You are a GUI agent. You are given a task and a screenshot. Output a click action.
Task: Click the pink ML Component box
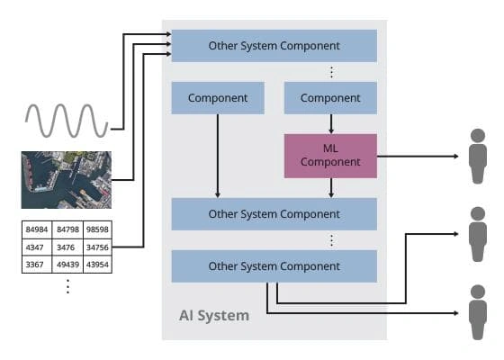click(330, 155)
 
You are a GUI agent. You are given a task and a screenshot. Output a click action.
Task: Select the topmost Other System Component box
click(274, 45)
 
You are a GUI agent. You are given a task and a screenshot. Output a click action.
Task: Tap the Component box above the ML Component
click(330, 97)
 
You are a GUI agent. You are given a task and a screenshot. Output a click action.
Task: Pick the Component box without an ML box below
click(217, 97)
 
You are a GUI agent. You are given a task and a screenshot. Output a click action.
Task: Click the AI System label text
click(213, 316)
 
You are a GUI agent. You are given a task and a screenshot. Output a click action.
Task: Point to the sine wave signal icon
click(67, 118)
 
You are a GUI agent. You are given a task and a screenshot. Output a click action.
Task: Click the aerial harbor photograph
click(66, 180)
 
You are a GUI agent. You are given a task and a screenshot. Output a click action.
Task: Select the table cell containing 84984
click(37, 229)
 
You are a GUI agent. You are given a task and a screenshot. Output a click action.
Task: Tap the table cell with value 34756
click(96, 247)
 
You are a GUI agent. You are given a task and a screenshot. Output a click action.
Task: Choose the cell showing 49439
click(67, 264)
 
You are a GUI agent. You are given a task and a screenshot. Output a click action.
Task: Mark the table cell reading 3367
click(37, 264)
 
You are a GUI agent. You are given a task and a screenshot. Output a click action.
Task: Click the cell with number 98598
click(96, 229)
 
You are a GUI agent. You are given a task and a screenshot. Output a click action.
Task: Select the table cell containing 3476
click(67, 247)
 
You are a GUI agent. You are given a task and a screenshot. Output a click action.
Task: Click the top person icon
click(478, 155)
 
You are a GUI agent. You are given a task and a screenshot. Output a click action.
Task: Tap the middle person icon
click(478, 233)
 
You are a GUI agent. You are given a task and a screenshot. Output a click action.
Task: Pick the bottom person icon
click(478, 311)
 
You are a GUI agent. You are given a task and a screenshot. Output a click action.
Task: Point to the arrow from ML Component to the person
click(418, 156)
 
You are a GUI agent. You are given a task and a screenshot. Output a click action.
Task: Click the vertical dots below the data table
click(67, 286)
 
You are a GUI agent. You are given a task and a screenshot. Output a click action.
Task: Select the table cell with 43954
click(96, 264)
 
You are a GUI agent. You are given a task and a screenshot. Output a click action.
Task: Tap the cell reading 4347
click(37, 247)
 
